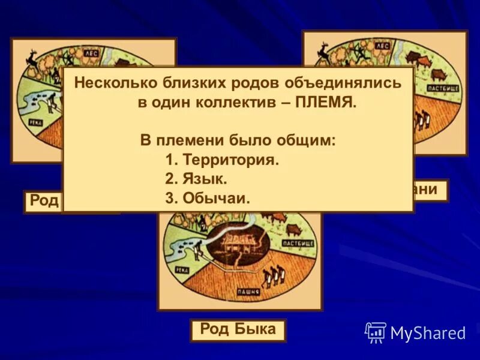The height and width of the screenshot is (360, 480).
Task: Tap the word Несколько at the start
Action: tap(113, 83)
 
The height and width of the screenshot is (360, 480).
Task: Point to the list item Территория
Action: tap(230, 160)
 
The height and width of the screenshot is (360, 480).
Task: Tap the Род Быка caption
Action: tap(238, 329)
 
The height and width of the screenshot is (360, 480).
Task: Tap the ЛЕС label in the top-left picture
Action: tap(91, 53)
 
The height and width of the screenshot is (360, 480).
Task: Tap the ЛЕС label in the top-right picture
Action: tap(383, 46)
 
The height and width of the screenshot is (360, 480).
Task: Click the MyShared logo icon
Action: tap(376, 332)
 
